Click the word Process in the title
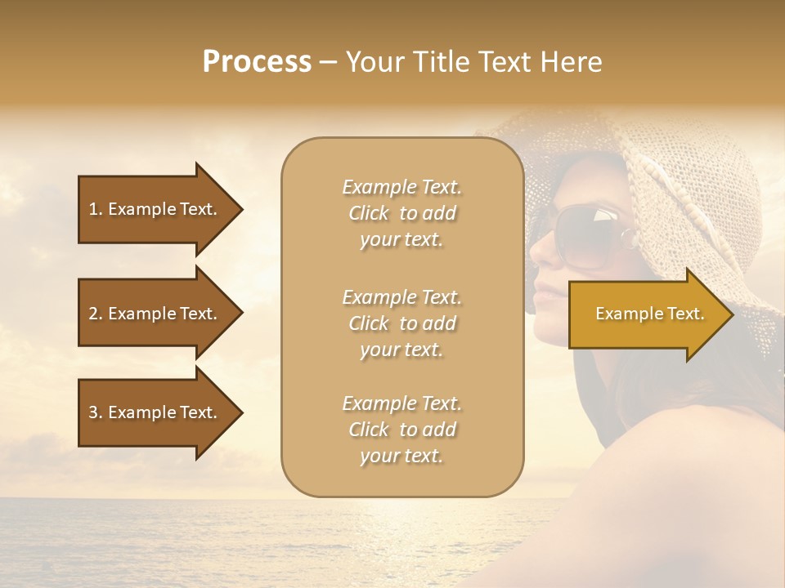pyautogui.click(x=257, y=62)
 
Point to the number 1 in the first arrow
pyautogui.click(x=93, y=209)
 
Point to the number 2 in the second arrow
pyautogui.click(x=93, y=314)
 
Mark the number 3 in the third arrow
pyautogui.click(x=93, y=412)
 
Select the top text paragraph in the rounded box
pyautogui.click(x=401, y=213)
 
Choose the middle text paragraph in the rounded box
pyautogui.click(x=401, y=323)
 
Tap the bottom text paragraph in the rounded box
pyautogui.click(x=401, y=430)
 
